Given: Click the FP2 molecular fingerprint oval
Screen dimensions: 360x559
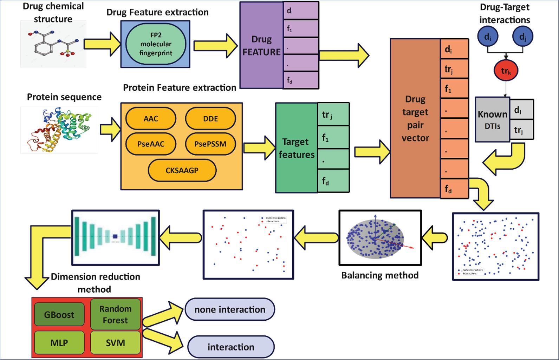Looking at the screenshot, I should [156, 44].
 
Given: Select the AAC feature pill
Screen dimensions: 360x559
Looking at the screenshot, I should [151, 119].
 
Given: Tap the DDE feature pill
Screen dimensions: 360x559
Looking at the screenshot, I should [210, 119].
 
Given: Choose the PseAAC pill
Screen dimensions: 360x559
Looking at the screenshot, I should [151, 144].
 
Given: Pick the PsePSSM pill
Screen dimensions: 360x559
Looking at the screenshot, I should [210, 144].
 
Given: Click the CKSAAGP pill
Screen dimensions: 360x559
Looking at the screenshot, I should [182, 170].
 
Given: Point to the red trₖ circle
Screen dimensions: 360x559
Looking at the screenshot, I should [506, 71].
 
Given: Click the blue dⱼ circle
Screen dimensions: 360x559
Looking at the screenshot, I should [522, 37].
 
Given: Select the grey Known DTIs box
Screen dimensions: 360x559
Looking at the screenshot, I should [492, 119].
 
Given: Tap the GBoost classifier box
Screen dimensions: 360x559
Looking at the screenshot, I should [59, 314].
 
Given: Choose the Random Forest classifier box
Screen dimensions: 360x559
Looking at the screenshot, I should [115, 314].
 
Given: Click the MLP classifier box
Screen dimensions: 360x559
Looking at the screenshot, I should [59, 342].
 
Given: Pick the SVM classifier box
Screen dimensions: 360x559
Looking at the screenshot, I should [115, 342].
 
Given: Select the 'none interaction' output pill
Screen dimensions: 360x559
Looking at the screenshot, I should [230, 309].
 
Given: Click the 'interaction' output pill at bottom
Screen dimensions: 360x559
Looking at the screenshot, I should [231, 347].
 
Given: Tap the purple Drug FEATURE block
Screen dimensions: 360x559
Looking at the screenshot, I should [261, 45].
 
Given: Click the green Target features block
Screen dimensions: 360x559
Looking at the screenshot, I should [296, 148].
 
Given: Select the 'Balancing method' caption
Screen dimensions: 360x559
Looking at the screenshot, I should [380, 275].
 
